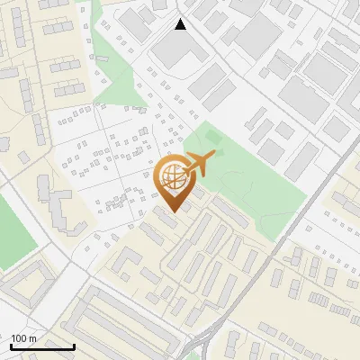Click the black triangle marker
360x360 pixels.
[181, 24]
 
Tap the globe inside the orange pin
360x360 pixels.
[171, 175]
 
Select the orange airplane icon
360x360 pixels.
[199, 164]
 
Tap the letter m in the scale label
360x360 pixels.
[32, 337]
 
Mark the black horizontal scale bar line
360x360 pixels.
[42, 346]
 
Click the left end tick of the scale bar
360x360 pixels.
[11, 345]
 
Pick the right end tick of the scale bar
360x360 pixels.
[74, 345]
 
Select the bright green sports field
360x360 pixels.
[13, 229]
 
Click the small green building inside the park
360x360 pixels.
[213, 136]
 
